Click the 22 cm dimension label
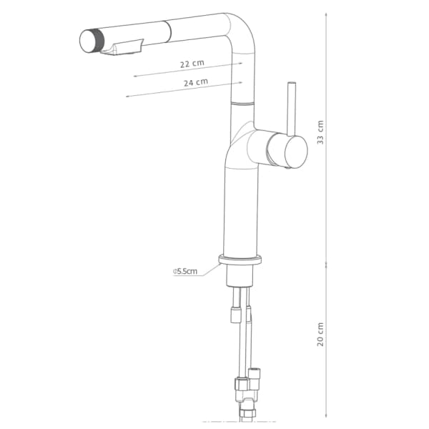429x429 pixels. tap(192, 64)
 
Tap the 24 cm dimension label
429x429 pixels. tap(196, 82)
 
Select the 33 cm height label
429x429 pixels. tap(320, 132)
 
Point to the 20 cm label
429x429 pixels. tap(320, 334)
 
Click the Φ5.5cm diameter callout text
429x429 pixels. tap(185, 271)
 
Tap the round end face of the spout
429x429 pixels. tap(88, 41)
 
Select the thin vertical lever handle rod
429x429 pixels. tap(291, 109)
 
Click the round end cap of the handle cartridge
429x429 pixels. tap(296, 152)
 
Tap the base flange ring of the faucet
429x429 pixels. tap(240, 260)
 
